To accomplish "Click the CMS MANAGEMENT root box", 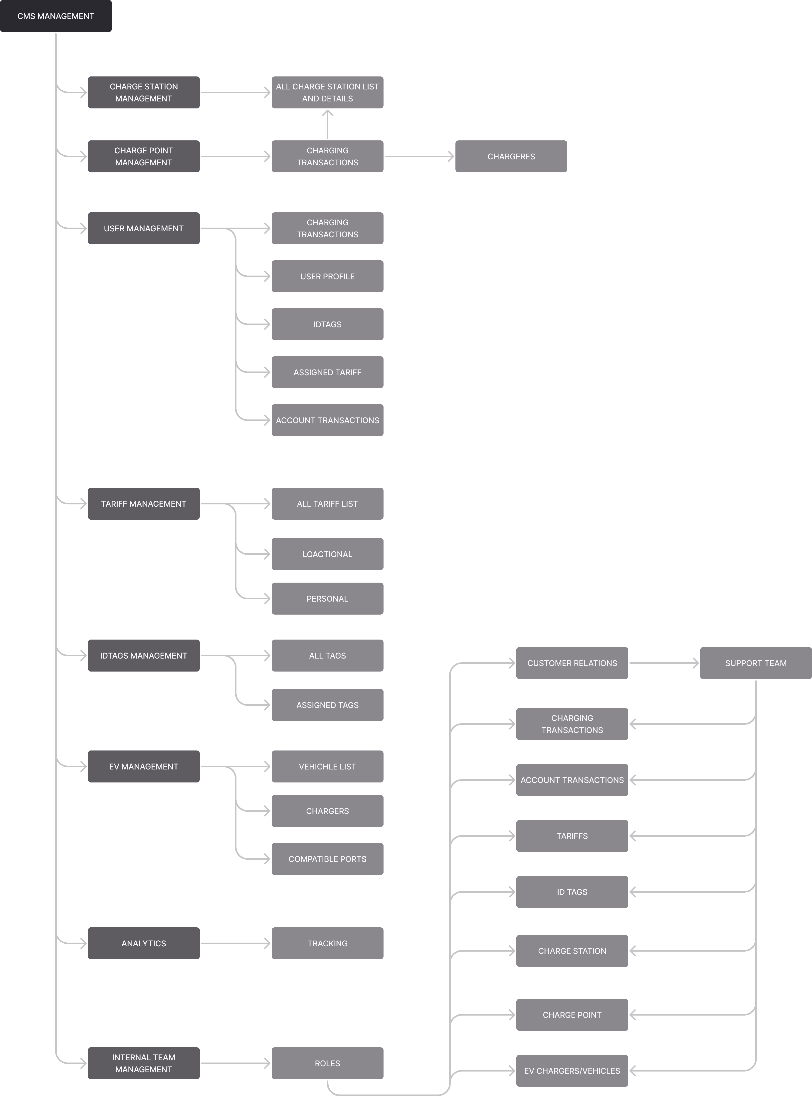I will coord(55,16).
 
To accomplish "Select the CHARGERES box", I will coord(511,156).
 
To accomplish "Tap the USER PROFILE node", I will coord(327,276).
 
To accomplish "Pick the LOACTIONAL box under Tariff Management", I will coord(327,554).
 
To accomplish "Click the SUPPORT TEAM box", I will coord(756,663).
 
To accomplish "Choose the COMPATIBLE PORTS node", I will coord(327,859).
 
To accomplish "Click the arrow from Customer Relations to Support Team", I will coord(664,663).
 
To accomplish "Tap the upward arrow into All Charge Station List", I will coord(327,124).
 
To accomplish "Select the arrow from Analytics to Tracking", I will coord(235,943).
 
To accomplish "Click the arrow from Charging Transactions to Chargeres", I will coord(419,156).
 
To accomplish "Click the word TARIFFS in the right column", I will coord(572,836).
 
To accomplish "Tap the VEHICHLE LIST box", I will coord(327,766).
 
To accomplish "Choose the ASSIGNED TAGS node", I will coord(327,705).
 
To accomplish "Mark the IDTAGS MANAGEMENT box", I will coord(144,656).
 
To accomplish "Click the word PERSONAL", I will coord(327,599).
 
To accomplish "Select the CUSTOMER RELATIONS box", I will coord(572,663).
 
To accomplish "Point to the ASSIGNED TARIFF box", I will coord(327,372).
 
